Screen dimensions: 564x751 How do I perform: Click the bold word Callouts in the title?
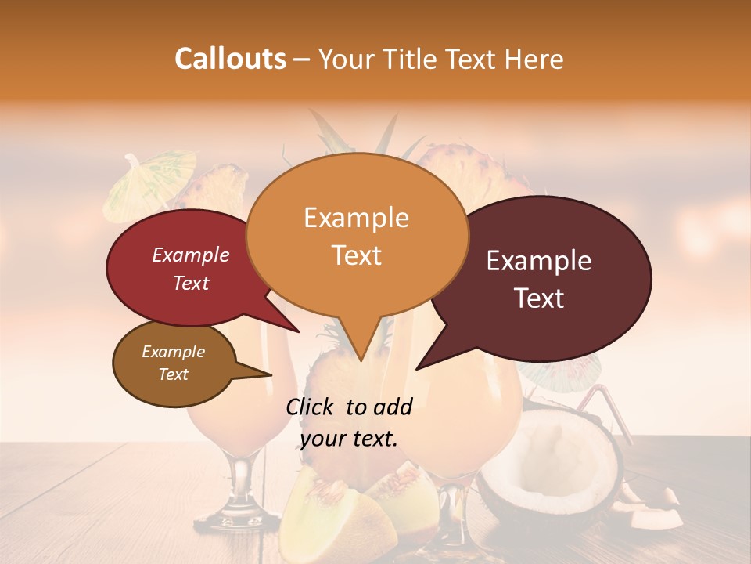(230, 59)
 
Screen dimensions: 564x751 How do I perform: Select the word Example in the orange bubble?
(356, 218)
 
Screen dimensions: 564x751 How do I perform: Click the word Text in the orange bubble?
(356, 255)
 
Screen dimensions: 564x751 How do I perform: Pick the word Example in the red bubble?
(190, 255)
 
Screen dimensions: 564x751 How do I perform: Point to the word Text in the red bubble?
(190, 283)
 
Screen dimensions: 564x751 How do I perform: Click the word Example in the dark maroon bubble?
(539, 261)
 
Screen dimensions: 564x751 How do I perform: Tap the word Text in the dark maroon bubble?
(539, 298)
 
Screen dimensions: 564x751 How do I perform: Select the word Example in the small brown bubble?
(173, 352)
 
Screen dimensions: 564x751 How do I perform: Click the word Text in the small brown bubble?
(173, 374)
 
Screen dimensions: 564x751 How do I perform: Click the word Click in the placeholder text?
(311, 407)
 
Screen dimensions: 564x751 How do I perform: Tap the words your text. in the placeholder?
(348, 439)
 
